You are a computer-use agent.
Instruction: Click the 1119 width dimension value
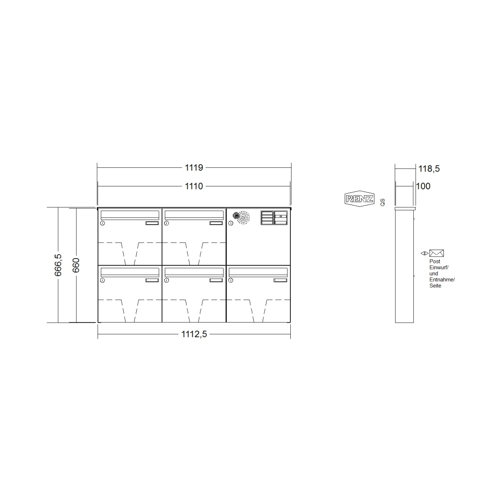pyautogui.click(x=194, y=167)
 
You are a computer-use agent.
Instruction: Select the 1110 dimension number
pyautogui.click(x=194, y=186)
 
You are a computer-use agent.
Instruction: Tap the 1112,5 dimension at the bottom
pyautogui.click(x=194, y=334)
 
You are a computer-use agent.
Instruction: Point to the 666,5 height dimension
pyautogui.click(x=58, y=265)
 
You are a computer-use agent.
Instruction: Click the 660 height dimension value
pyautogui.click(x=76, y=265)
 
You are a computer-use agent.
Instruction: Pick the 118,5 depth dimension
pyautogui.click(x=429, y=169)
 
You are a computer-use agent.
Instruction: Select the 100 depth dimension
pyautogui.click(x=423, y=186)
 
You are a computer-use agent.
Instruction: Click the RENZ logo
pyautogui.click(x=359, y=199)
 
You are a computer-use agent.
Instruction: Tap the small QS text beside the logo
pyautogui.click(x=382, y=202)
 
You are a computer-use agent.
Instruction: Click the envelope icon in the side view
pyautogui.click(x=436, y=253)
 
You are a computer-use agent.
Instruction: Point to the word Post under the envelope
pyautogui.click(x=435, y=262)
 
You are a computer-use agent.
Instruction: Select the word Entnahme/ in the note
pyautogui.click(x=442, y=280)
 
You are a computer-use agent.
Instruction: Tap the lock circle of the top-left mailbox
pyautogui.click(x=102, y=223)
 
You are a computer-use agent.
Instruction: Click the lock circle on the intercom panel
pyautogui.click(x=230, y=223)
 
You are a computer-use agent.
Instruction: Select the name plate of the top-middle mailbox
pyautogui.click(x=216, y=223)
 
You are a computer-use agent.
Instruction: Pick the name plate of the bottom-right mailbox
pyautogui.click(x=280, y=280)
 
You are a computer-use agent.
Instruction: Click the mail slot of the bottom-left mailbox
pyautogui.click(x=130, y=271)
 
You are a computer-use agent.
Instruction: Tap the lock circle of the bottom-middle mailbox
pyautogui.click(x=166, y=280)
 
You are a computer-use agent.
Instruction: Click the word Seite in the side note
pyautogui.click(x=435, y=286)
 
